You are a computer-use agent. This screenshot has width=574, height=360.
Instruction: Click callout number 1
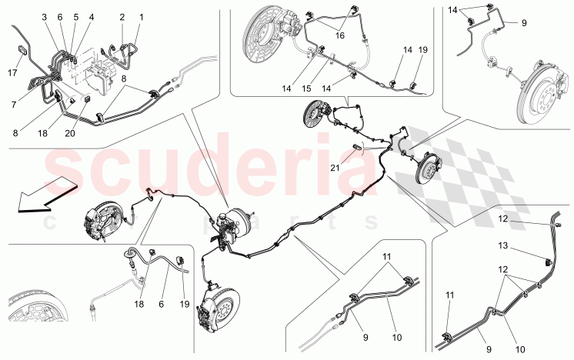[x=142, y=17]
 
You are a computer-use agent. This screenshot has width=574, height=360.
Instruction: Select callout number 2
[x=122, y=17]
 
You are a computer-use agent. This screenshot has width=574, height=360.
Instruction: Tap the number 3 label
[x=45, y=17]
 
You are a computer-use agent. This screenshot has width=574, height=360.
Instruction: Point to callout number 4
[x=91, y=17]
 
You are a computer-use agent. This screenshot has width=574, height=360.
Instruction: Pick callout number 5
[x=75, y=17]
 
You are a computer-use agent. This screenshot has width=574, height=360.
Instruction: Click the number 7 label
[x=14, y=105]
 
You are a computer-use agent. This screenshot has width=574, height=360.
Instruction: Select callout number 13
[x=503, y=245]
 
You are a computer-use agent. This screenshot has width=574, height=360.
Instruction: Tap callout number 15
[x=306, y=88]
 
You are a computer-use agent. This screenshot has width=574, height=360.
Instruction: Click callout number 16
[x=340, y=35]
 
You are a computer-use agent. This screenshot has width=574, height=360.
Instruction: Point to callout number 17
[x=12, y=73]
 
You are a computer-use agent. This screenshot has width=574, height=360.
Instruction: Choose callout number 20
[x=69, y=133]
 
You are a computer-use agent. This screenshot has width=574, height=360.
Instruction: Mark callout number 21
[x=335, y=168]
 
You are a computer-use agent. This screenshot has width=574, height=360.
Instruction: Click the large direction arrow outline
[x=47, y=195]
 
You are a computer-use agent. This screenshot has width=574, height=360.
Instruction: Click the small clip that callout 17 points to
[x=22, y=49]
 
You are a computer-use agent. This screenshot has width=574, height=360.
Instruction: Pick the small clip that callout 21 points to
[x=357, y=147]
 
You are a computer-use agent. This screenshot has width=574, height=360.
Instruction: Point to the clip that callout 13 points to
[x=548, y=262]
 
